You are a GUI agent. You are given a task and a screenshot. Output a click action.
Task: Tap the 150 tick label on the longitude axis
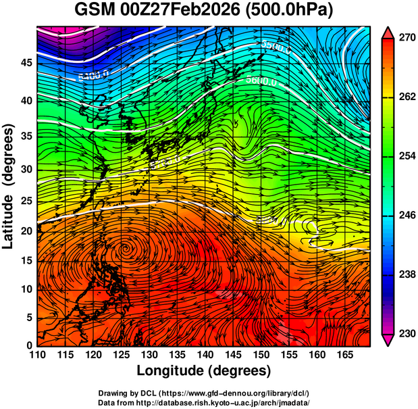click(x=259, y=355)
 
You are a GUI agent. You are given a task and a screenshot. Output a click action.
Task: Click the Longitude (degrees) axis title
click(x=203, y=370)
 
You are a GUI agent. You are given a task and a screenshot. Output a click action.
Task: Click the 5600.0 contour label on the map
click(x=260, y=81)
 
